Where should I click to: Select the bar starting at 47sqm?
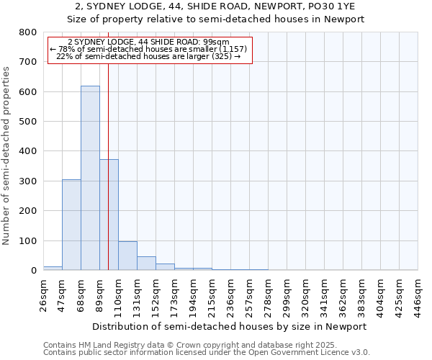click(71, 225)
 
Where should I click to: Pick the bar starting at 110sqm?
click(127, 256)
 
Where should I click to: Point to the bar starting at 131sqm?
click(146, 264)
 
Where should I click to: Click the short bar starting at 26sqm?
click(53, 268)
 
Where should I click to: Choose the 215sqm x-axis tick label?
click(212, 295)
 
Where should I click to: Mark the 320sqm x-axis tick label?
click(305, 295)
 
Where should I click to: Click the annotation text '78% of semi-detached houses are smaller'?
click(149, 49)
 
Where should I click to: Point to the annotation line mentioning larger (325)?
click(148, 56)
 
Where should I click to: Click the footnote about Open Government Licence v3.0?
click(207, 353)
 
